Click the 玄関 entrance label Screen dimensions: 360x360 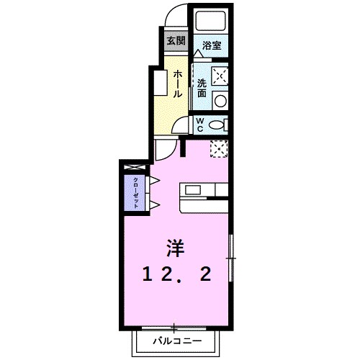(x=176, y=40)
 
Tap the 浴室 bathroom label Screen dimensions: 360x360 (x=211, y=45)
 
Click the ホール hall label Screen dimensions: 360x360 (x=176, y=84)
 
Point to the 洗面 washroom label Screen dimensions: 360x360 (x=202, y=87)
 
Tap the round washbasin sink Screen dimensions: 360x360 (x=220, y=100)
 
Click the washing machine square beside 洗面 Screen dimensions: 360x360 (x=220, y=75)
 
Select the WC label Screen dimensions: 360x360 (x=201, y=124)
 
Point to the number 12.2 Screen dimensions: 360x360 (x=177, y=274)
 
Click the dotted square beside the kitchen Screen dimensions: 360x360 (x=219, y=149)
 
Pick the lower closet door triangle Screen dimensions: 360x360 (x=153, y=205)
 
